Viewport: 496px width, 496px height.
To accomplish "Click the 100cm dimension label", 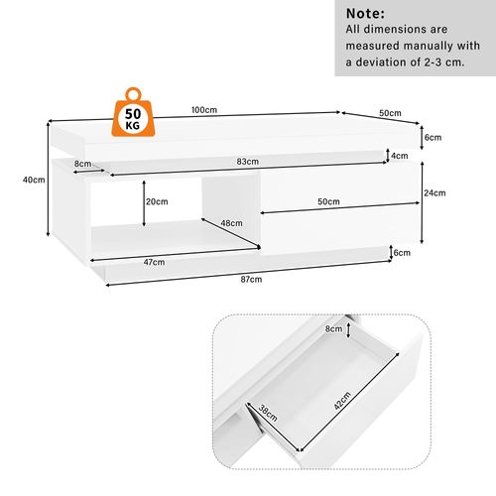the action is [204, 110].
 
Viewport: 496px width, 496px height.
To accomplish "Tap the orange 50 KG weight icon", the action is [133, 112].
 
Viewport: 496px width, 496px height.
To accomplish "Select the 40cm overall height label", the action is [34, 180].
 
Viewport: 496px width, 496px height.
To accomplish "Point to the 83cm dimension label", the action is [248, 162].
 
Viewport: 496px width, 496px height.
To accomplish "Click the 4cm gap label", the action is [400, 156].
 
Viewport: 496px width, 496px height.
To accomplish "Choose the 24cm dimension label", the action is [434, 192].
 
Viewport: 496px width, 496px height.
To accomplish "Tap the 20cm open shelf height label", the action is [157, 201].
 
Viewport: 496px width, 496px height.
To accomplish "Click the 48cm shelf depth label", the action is [231, 223].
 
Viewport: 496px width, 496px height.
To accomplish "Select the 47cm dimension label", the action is [154, 262].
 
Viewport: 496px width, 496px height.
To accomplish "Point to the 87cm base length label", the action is [251, 280].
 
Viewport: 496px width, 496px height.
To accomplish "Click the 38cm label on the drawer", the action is [268, 413].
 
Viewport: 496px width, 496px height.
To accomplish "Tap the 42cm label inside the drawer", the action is [342, 401].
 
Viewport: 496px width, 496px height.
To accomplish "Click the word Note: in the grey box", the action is [365, 14].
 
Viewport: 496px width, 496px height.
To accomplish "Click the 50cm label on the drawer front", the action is [328, 201].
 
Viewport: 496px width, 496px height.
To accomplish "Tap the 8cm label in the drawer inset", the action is [333, 328].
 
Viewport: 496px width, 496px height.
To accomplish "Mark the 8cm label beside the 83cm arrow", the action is [82, 164].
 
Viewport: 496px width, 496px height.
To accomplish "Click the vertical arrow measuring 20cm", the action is [144, 203].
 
